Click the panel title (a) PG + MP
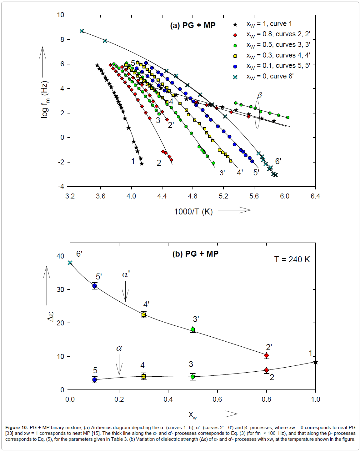192,25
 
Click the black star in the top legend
235,24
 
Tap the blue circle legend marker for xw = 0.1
235,66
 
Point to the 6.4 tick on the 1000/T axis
315,196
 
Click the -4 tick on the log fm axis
61,187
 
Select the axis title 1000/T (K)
193,212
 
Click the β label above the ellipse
259,95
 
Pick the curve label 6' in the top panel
278,161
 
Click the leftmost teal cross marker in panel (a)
82,31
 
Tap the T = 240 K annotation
292,259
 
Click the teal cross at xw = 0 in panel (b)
70,263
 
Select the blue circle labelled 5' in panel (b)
95,286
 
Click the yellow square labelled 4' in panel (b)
144,314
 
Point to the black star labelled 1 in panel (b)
315,362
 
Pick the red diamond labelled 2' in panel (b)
266,355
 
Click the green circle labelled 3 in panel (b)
193,377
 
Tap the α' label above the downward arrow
126,275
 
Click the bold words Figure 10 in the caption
17,428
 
